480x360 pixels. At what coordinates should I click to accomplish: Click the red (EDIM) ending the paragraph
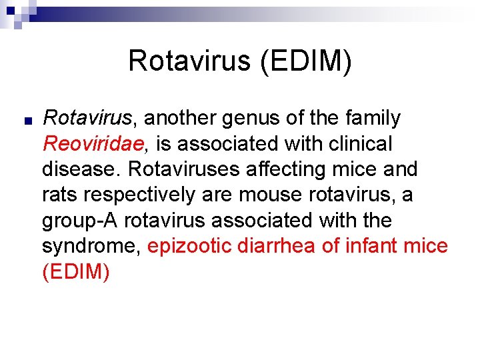pyautogui.click(x=75, y=271)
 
